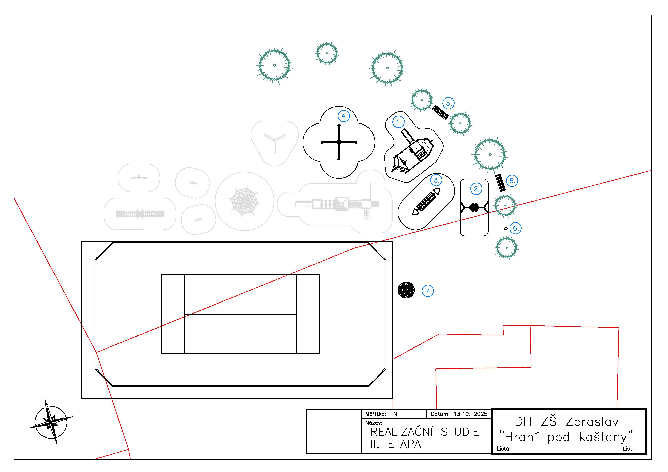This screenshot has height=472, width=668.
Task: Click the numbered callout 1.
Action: click(398, 122)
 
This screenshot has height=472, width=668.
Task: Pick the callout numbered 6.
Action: click(516, 228)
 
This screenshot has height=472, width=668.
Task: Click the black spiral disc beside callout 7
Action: click(406, 290)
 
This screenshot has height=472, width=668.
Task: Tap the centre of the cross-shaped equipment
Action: click(339, 142)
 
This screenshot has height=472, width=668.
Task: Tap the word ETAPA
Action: click(404, 444)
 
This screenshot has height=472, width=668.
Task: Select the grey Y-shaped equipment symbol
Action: click(275, 142)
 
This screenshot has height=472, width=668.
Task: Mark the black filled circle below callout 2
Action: click(474, 207)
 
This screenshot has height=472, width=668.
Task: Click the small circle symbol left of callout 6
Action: click(506, 229)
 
